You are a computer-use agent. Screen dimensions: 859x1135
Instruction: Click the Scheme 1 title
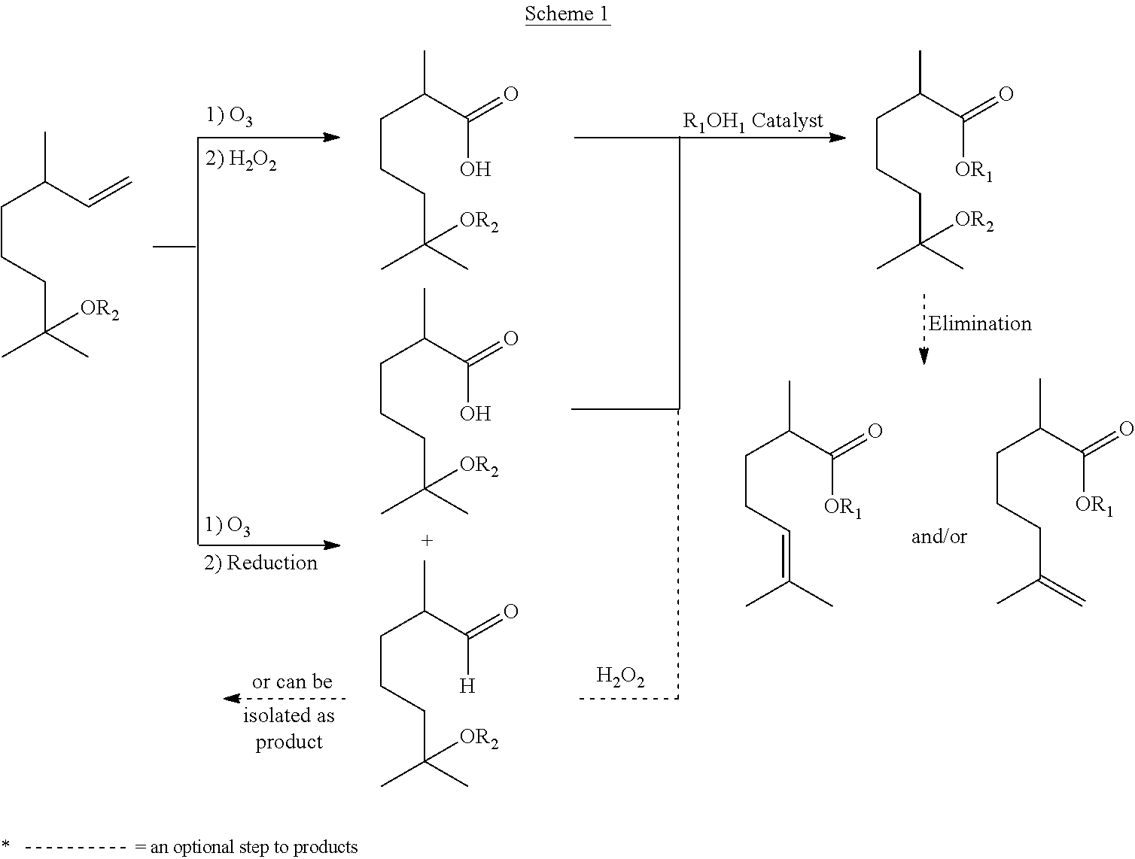pos(567,14)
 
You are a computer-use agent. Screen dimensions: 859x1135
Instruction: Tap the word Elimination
pos(979,323)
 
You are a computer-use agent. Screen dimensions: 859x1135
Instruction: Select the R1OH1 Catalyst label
pos(753,120)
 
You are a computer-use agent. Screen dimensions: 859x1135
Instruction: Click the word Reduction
pos(272,563)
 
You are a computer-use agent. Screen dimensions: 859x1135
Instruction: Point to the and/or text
pos(939,536)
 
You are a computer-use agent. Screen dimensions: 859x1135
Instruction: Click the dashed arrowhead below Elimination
pos(924,357)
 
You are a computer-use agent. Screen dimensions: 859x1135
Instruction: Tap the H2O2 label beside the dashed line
pos(620,676)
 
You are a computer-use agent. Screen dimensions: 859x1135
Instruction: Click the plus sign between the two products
pos(427,541)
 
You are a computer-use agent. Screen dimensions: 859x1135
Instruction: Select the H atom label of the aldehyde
pos(467,686)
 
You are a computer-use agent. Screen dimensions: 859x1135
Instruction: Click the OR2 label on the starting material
pos(99,310)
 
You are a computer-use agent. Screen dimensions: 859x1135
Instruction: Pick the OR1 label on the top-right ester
pos(973,171)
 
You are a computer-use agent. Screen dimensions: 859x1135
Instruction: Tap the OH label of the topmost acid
pos(475,169)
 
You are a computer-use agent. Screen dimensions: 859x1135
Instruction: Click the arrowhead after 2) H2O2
pos(331,138)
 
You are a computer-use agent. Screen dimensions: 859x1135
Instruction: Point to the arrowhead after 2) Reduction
pos(331,545)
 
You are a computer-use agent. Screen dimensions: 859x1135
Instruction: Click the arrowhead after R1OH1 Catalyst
pos(837,138)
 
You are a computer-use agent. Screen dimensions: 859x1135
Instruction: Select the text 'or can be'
pos(291,681)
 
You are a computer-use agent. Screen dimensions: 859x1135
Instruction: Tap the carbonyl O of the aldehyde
pos(510,612)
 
